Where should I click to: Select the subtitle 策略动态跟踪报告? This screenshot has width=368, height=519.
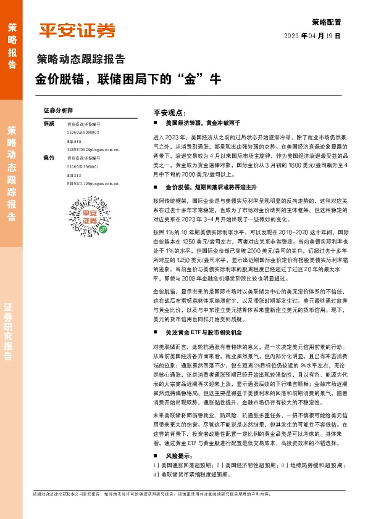(81, 60)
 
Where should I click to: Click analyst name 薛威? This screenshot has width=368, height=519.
(49, 124)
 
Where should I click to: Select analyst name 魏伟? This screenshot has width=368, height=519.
(49, 158)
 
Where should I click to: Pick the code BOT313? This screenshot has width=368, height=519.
(74, 175)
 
